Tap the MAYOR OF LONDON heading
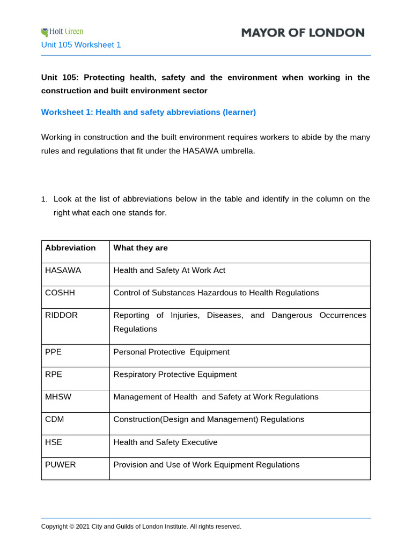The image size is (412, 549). pos(303,33)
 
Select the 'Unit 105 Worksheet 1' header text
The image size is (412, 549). pos(81,45)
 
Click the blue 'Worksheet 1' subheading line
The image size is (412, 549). pos(149,112)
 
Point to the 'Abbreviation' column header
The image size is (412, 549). pos(70,248)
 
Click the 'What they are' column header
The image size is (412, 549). pos(141,248)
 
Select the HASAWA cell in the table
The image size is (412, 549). pos(63,270)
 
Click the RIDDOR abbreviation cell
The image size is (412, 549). pos(62,315)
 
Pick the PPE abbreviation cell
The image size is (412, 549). pos(54,352)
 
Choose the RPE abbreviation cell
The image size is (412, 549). pos(54,374)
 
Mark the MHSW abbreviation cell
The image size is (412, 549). pos(58,397)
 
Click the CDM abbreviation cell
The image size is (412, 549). pos(55,419)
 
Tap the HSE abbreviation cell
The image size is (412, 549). pos(54,442)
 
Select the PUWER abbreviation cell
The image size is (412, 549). pos(61,465)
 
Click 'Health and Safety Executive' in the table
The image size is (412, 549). pos(165,442)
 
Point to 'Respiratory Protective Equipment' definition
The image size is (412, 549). pos(175,374)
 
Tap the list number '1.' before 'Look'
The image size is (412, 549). pos(45,199)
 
